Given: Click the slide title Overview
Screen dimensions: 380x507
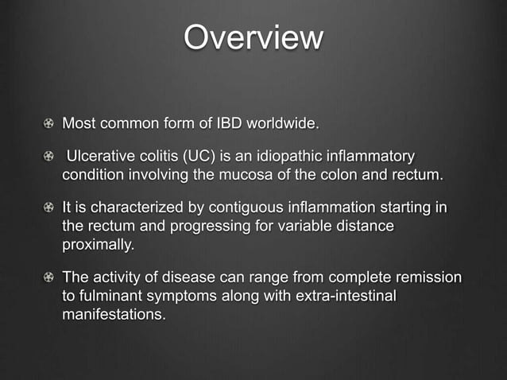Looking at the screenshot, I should tap(253, 38).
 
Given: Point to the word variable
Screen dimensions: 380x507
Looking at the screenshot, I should tap(305, 227).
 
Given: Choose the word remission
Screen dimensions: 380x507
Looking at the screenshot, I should tap(425, 278).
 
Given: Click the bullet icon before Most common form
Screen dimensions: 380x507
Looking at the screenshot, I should tap(49, 124).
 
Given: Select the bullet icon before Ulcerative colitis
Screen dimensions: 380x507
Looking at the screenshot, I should tap(49, 156).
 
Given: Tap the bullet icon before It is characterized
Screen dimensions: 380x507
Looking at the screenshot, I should tap(49, 208).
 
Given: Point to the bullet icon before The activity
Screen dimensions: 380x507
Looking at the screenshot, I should tap(49, 278).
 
